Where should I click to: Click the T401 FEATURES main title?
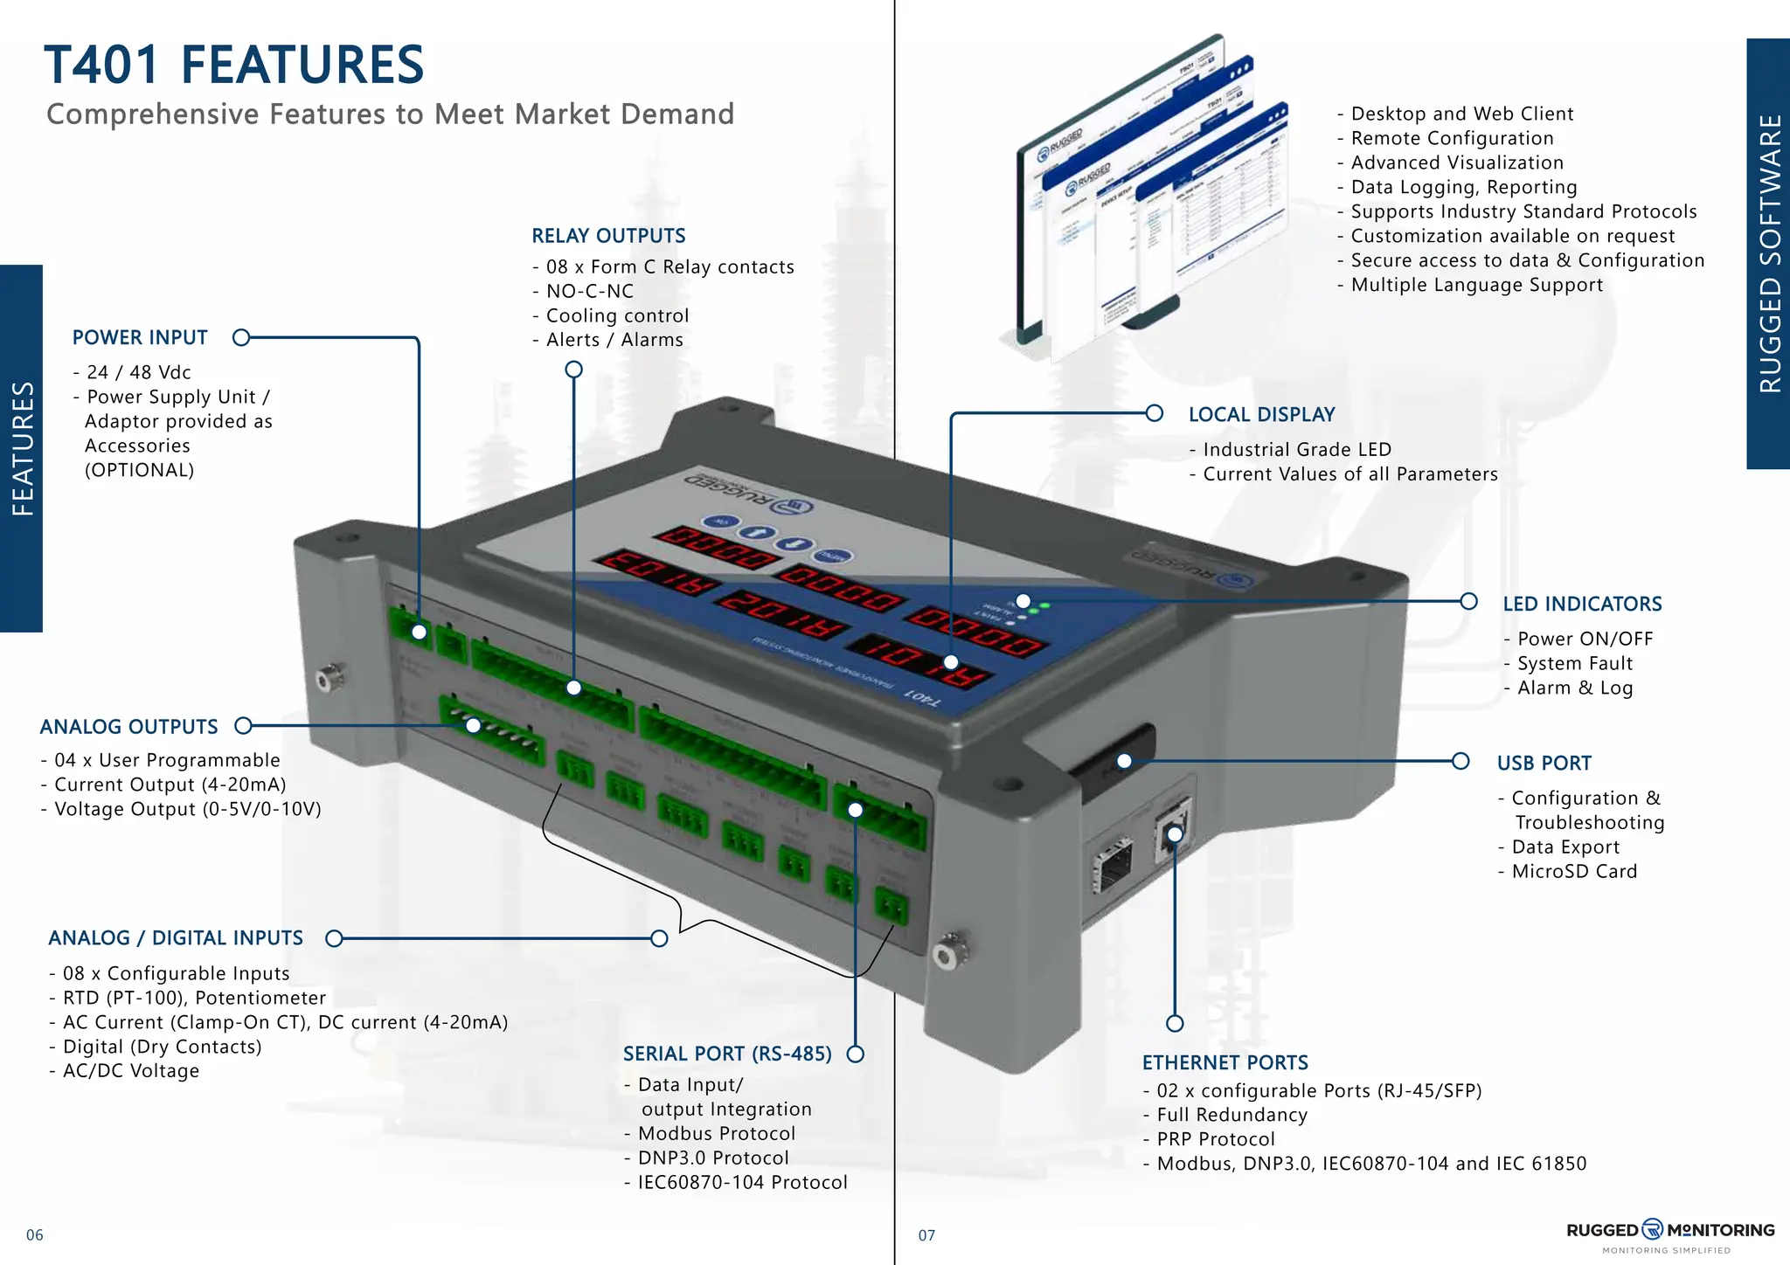[233, 65]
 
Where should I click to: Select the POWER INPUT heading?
[140, 337]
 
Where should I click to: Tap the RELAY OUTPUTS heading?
[608, 236]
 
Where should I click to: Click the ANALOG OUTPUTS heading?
[128, 727]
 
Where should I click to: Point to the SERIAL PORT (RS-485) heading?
[727, 1054]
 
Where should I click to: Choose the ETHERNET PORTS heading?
[1225, 1062]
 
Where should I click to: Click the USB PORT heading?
[1544, 763]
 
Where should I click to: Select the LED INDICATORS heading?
[1582, 604]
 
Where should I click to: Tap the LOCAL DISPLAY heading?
[1261, 414]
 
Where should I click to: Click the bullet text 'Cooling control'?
[617, 315]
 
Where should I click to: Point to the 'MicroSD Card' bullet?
[1573, 871]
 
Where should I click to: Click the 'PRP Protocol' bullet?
[1215, 1139]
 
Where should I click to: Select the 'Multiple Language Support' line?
[1476, 285]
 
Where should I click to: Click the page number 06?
[35, 1234]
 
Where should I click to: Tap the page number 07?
[926, 1235]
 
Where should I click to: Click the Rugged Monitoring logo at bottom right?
[1669, 1231]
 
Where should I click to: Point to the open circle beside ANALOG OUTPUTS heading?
[244, 726]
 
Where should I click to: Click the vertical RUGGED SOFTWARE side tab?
[1768, 253]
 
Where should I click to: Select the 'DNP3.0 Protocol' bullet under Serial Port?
[712, 1158]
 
